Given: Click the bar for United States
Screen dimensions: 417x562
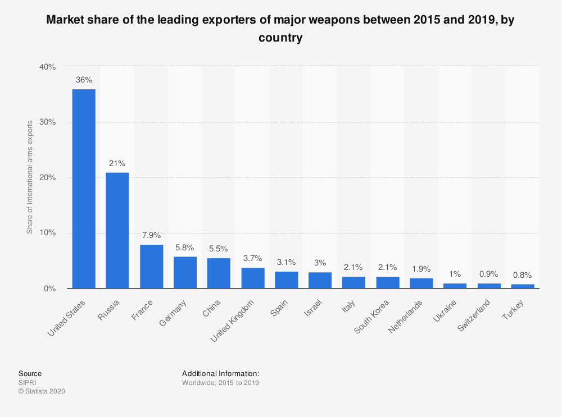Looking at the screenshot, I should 84,189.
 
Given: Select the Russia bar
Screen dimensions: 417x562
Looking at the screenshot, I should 117,230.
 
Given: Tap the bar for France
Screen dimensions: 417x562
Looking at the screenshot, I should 151,267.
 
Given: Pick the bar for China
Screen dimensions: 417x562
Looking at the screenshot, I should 219,273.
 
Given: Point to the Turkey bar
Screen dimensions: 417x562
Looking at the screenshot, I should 523,286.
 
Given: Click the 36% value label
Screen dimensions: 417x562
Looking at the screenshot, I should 84,80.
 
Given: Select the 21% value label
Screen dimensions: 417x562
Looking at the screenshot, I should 117,163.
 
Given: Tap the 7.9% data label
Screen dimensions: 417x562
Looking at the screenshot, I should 151,236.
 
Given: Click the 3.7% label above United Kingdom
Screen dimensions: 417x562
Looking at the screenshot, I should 252,259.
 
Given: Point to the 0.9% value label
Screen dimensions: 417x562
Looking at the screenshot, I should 489,274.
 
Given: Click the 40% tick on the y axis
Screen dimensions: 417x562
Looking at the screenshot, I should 47,67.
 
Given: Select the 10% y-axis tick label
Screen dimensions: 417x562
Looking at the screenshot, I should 47,233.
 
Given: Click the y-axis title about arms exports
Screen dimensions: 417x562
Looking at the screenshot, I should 30,177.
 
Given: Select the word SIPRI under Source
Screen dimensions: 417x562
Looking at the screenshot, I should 27,383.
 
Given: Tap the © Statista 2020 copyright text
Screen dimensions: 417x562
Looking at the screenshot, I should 42,392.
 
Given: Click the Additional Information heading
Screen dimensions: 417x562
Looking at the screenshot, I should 220,373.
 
